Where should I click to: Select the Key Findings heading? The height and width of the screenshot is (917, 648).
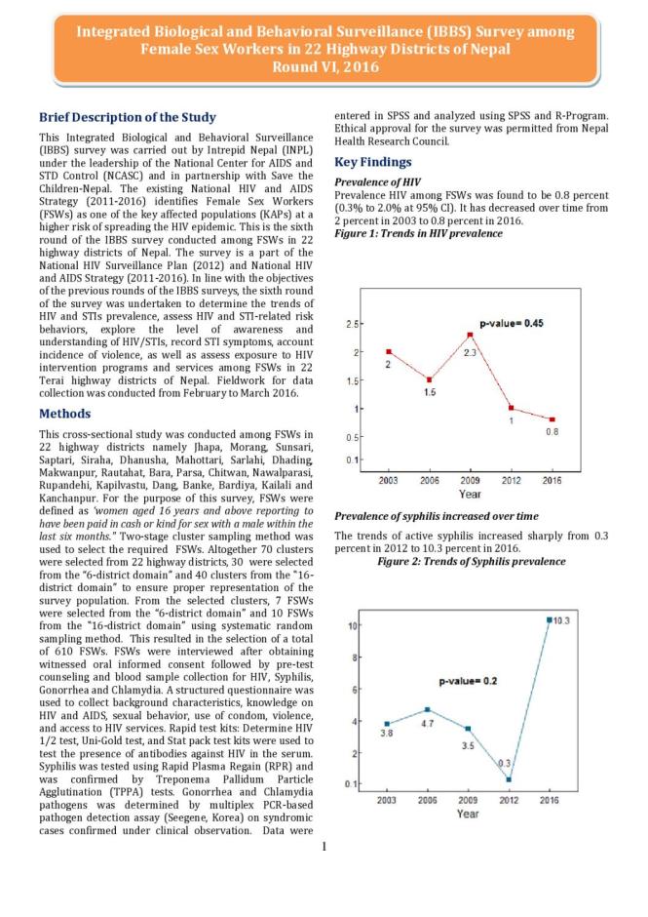tap(373, 162)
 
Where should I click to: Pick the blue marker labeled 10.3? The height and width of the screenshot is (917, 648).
tap(549, 619)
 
